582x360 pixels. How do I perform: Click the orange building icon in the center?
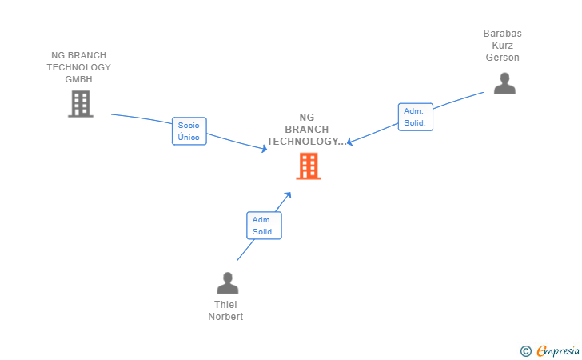(308, 166)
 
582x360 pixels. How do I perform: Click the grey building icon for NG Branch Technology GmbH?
(80, 104)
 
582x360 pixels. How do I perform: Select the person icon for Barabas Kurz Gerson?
(504, 83)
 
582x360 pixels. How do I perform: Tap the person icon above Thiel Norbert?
(228, 283)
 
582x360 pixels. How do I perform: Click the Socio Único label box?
(189, 131)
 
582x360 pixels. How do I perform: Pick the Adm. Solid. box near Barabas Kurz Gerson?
(415, 117)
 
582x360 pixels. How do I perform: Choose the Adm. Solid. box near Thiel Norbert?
(264, 226)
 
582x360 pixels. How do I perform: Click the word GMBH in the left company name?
(78, 79)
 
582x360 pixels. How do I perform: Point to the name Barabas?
(502, 34)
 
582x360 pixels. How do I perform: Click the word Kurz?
(502, 46)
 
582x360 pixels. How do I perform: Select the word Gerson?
(502, 58)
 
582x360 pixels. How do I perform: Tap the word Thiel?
(225, 305)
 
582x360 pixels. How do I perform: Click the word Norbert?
(225, 317)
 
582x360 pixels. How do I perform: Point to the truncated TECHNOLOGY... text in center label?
(307, 142)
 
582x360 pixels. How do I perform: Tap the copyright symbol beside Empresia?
(525, 350)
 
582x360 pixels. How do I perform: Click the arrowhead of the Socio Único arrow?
(265, 148)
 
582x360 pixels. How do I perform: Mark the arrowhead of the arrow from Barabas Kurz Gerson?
(349, 143)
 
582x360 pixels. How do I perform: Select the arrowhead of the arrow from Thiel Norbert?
(289, 194)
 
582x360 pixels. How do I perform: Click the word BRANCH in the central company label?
(307, 130)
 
